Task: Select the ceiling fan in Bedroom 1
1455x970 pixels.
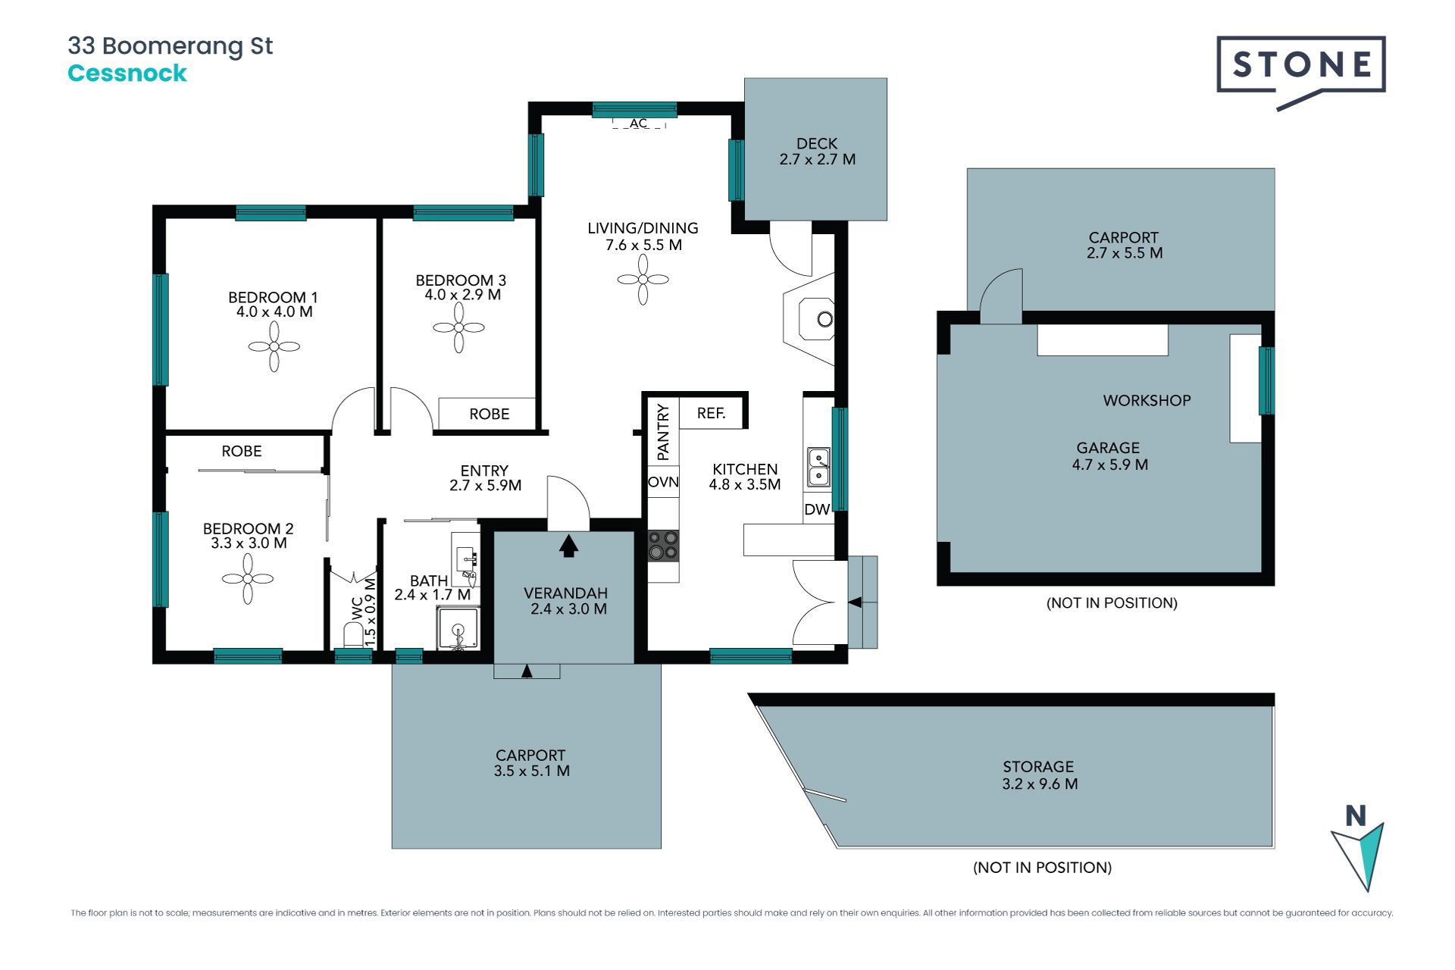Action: [274, 346]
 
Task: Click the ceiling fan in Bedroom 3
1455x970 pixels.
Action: [458, 327]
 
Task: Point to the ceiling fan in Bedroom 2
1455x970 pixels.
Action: [248, 579]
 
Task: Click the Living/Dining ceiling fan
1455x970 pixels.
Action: [643, 280]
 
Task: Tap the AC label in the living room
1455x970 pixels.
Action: [639, 124]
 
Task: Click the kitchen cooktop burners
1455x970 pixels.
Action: [663, 545]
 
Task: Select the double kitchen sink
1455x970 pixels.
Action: [818, 467]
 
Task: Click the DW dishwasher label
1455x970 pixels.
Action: [817, 509]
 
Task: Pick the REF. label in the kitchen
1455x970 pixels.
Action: [711, 413]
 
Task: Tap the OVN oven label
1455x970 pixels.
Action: [663, 482]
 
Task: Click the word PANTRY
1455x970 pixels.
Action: [663, 432]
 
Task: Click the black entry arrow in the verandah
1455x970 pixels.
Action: [568, 546]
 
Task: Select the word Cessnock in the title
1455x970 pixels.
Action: [127, 73]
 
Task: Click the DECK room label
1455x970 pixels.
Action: [817, 143]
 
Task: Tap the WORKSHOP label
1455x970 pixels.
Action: [1147, 400]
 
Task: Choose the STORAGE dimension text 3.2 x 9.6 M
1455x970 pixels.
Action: [1040, 784]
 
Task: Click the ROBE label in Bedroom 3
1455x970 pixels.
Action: [489, 414]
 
